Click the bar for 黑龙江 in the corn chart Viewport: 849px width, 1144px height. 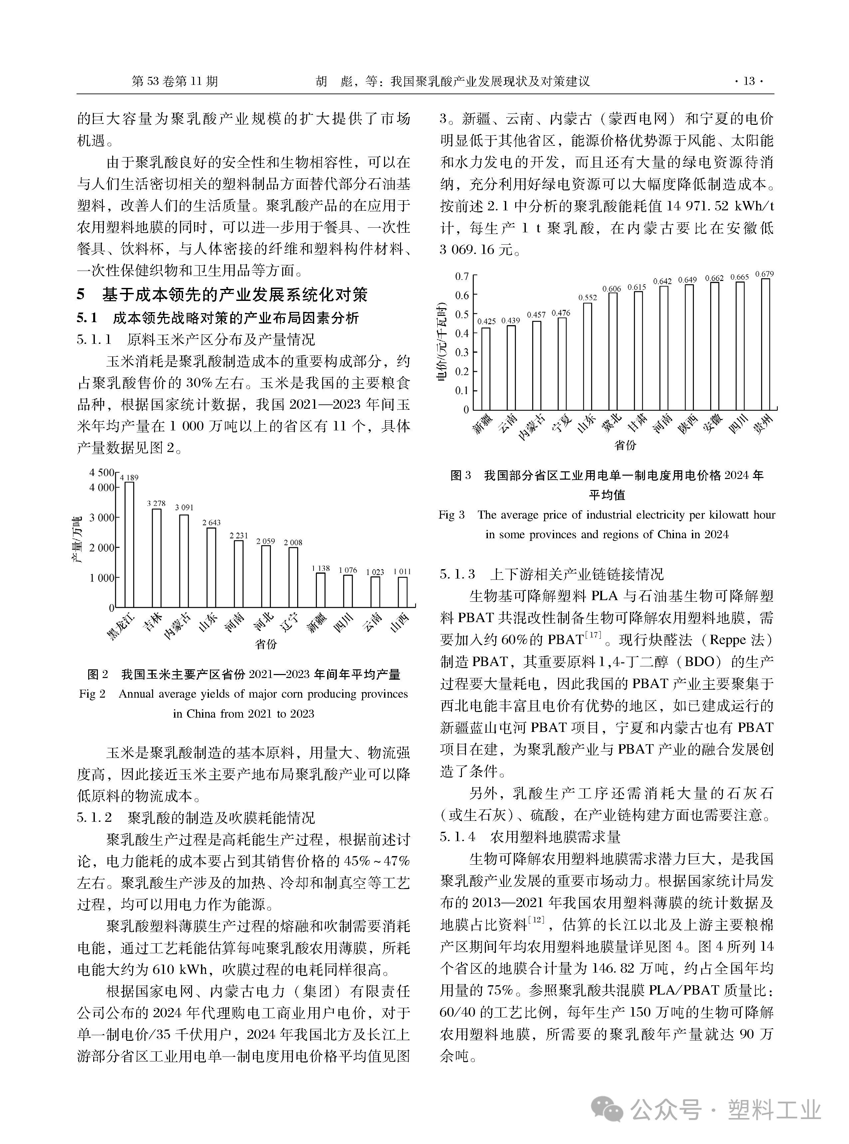tap(129, 545)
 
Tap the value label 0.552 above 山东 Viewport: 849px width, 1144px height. tap(587, 298)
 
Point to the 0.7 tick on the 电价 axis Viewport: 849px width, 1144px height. tap(462, 277)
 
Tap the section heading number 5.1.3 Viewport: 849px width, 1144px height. tap(457, 574)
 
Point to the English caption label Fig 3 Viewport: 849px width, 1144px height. tap(451, 515)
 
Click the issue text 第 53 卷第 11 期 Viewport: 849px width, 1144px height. tap(175, 81)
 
